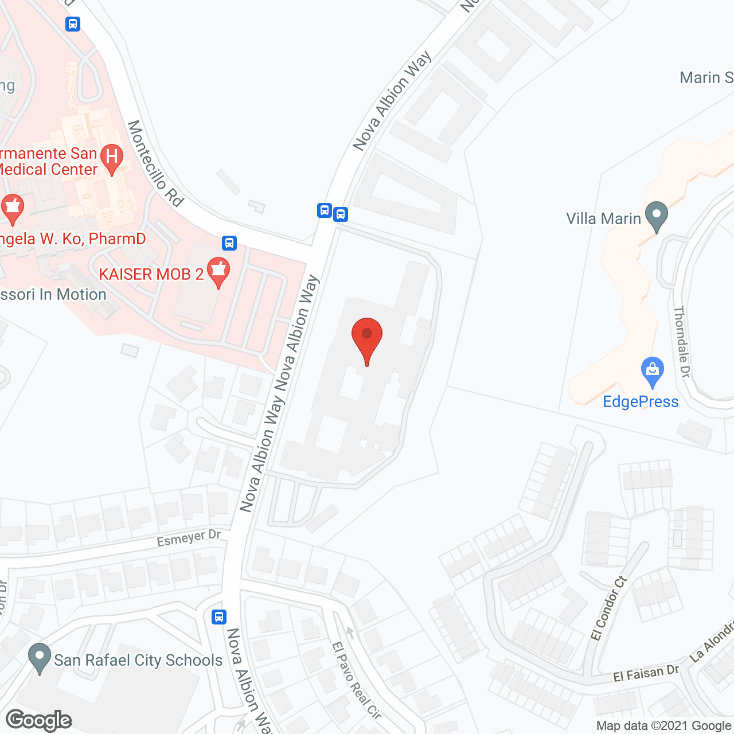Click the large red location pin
coord(366,338)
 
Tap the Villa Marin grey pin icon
coord(657,216)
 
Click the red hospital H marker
coord(112,158)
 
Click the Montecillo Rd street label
coord(155,163)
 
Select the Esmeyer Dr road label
coord(189,538)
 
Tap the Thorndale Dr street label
coord(682,342)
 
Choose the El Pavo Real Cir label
coord(356,680)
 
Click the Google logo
coord(39,720)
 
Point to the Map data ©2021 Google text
coord(664,725)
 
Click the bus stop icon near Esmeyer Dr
coord(218,617)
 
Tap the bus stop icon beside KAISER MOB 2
coord(229,243)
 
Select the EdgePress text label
coord(641,401)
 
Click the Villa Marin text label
coord(603,218)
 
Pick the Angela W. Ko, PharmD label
coord(73,239)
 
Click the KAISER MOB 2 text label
coord(151,274)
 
